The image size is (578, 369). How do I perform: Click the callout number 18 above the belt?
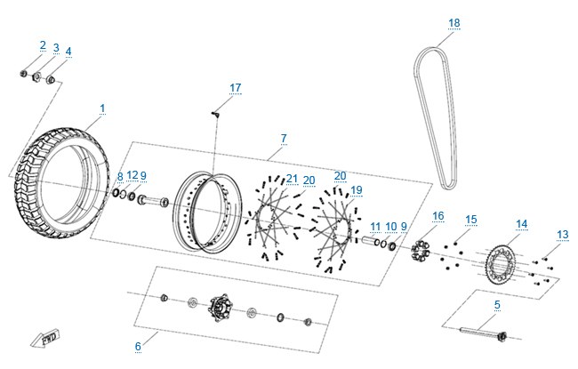(x=454, y=23)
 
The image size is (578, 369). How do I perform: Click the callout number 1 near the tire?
(x=102, y=108)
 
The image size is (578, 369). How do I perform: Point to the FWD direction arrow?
(x=45, y=337)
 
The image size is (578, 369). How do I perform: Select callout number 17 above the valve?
(x=235, y=88)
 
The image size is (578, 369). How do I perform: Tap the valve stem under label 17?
(x=215, y=115)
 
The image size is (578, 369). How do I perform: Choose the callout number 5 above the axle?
(x=497, y=305)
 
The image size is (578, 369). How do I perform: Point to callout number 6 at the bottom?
(x=138, y=346)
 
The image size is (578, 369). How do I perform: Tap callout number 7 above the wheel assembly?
(x=284, y=139)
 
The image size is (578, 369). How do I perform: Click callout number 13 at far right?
(x=563, y=235)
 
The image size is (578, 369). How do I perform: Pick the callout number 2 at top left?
(x=44, y=45)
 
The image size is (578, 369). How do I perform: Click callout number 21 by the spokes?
(x=292, y=179)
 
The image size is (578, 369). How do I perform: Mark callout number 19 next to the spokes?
(x=357, y=190)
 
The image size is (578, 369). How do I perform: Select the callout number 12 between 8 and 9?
(x=132, y=175)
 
